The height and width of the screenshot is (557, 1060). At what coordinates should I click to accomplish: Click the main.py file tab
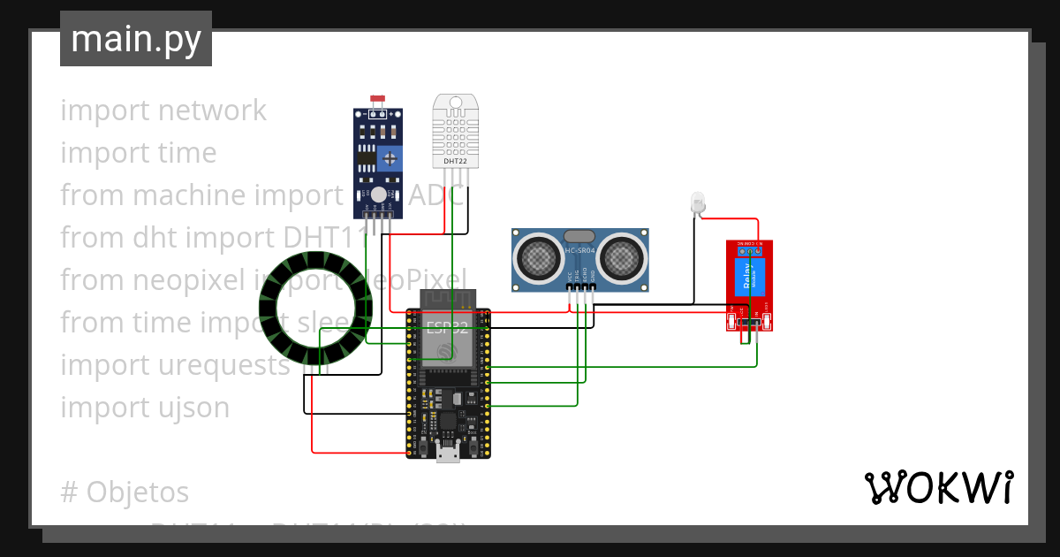(136, 39)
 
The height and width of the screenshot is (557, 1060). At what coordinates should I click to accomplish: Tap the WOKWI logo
(938, 487)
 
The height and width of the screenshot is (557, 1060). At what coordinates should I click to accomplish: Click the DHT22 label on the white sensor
(455, 161)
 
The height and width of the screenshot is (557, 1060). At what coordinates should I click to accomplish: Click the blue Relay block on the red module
(748, 279)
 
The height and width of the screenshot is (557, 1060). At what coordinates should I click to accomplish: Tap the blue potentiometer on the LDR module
(389, 158)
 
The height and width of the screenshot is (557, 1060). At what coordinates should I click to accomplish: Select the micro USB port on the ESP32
(448, 454)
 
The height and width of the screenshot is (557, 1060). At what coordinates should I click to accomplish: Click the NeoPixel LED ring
(314, 309)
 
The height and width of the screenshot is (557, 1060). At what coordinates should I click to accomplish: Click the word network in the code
(212, 111)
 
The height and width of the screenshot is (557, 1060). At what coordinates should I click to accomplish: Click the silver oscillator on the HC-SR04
(579, 236)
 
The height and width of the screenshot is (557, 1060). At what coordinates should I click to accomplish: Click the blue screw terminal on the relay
(749, 251)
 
